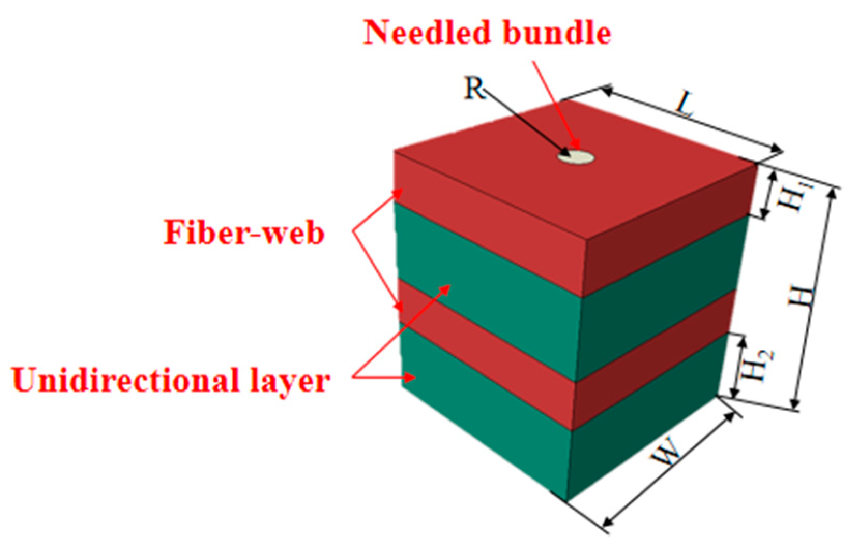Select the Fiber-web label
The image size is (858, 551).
pyautogui.click(x=244, y=233)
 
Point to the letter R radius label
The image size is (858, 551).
pyautogui.click(x=473, y=89)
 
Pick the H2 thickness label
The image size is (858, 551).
pyautogui.click(x=759, y=365)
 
